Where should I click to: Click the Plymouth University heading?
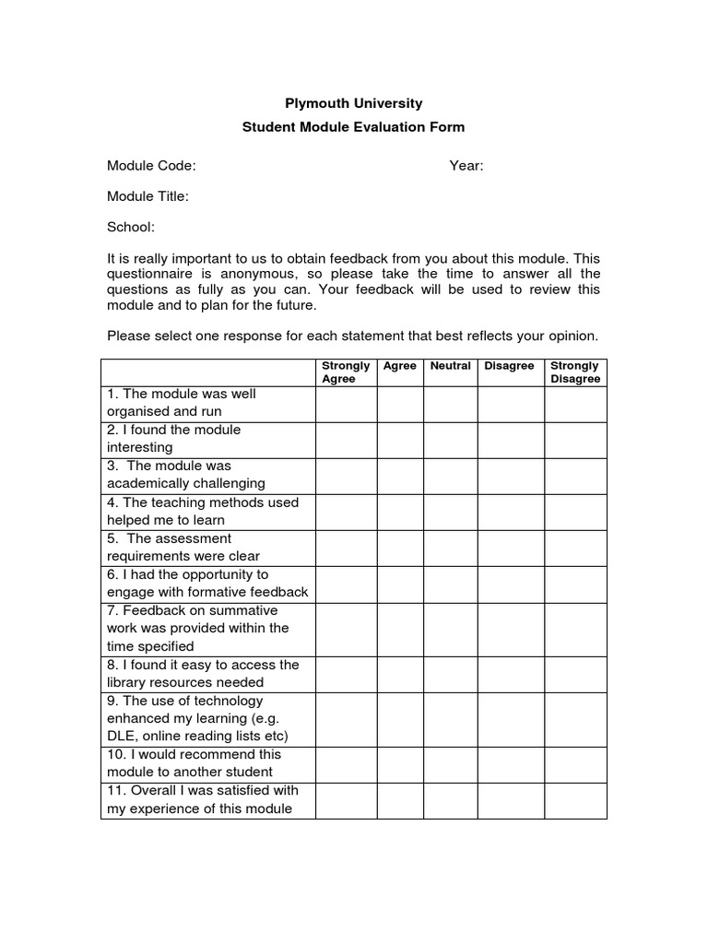point(353,103)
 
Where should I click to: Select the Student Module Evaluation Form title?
point(353,127)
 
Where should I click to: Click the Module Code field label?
point(151,166)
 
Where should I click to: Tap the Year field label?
point(466,166)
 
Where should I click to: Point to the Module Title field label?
point(147,196)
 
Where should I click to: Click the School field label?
point(131,227)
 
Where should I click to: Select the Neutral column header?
point(450,366)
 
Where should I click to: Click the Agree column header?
point(399,366)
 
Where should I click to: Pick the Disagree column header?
point(509,366)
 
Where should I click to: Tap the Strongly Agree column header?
point(346,372)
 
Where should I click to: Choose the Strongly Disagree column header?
point(574,372)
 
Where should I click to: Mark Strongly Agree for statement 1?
point(346,404)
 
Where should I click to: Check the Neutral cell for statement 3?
point(450,476)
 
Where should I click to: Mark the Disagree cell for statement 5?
point(510,548)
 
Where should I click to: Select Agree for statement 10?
point(399,764)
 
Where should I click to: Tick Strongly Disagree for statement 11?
point(575,800)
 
